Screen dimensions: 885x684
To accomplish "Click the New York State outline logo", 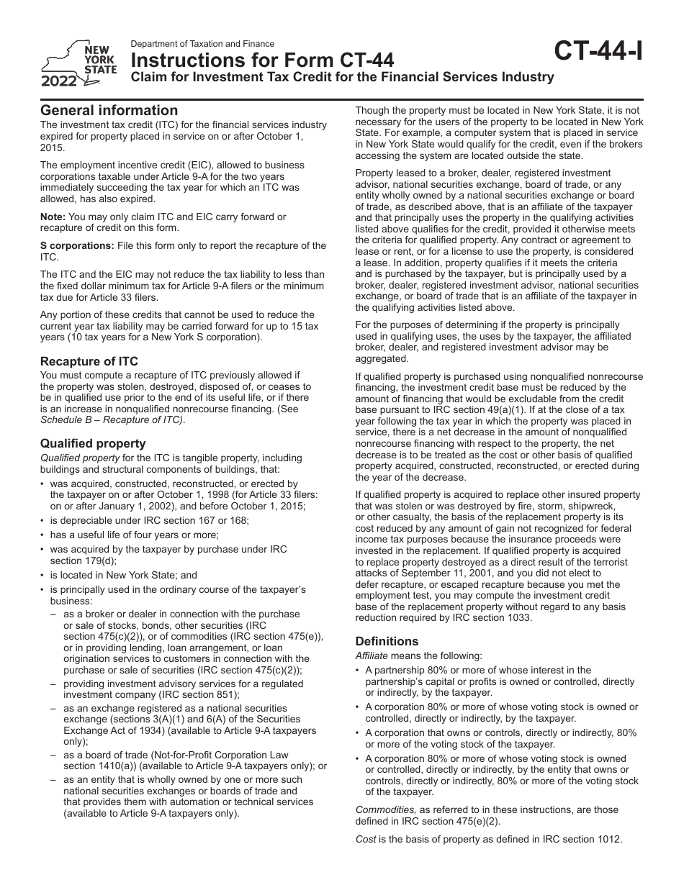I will (x=68, y=60).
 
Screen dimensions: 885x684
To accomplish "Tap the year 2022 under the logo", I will (x=59, y=81).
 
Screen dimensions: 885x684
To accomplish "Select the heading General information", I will (x=109, y=110).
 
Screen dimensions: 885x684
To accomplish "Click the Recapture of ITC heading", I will (x=89, y=361).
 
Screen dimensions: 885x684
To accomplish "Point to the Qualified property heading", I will (x=93, y=443).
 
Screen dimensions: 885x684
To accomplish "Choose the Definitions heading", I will (x=387, y=641).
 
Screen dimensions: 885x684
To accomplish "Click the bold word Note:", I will (x=53, y=217).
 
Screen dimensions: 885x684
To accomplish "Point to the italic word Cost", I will (x=366, y=838).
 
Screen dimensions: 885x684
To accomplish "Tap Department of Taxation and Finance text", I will (x=202, y=44).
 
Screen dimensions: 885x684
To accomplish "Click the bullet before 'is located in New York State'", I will (x=43, y=576).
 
